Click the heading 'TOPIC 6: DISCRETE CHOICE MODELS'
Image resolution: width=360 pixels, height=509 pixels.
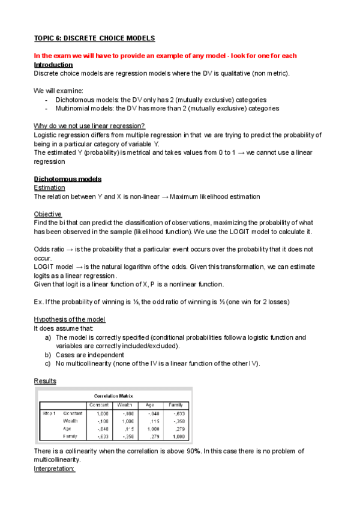(94, 38)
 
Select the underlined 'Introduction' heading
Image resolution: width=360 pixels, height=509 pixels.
(53, 65)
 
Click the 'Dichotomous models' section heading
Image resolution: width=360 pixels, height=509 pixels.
(68, 179)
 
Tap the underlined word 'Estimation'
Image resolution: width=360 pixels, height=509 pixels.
(49, 188)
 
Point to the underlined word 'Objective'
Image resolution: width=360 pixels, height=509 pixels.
(48, 214)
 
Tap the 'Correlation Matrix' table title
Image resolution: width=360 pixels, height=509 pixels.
(114, 396)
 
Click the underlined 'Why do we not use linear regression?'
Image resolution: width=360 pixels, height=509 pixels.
(89, 126)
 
